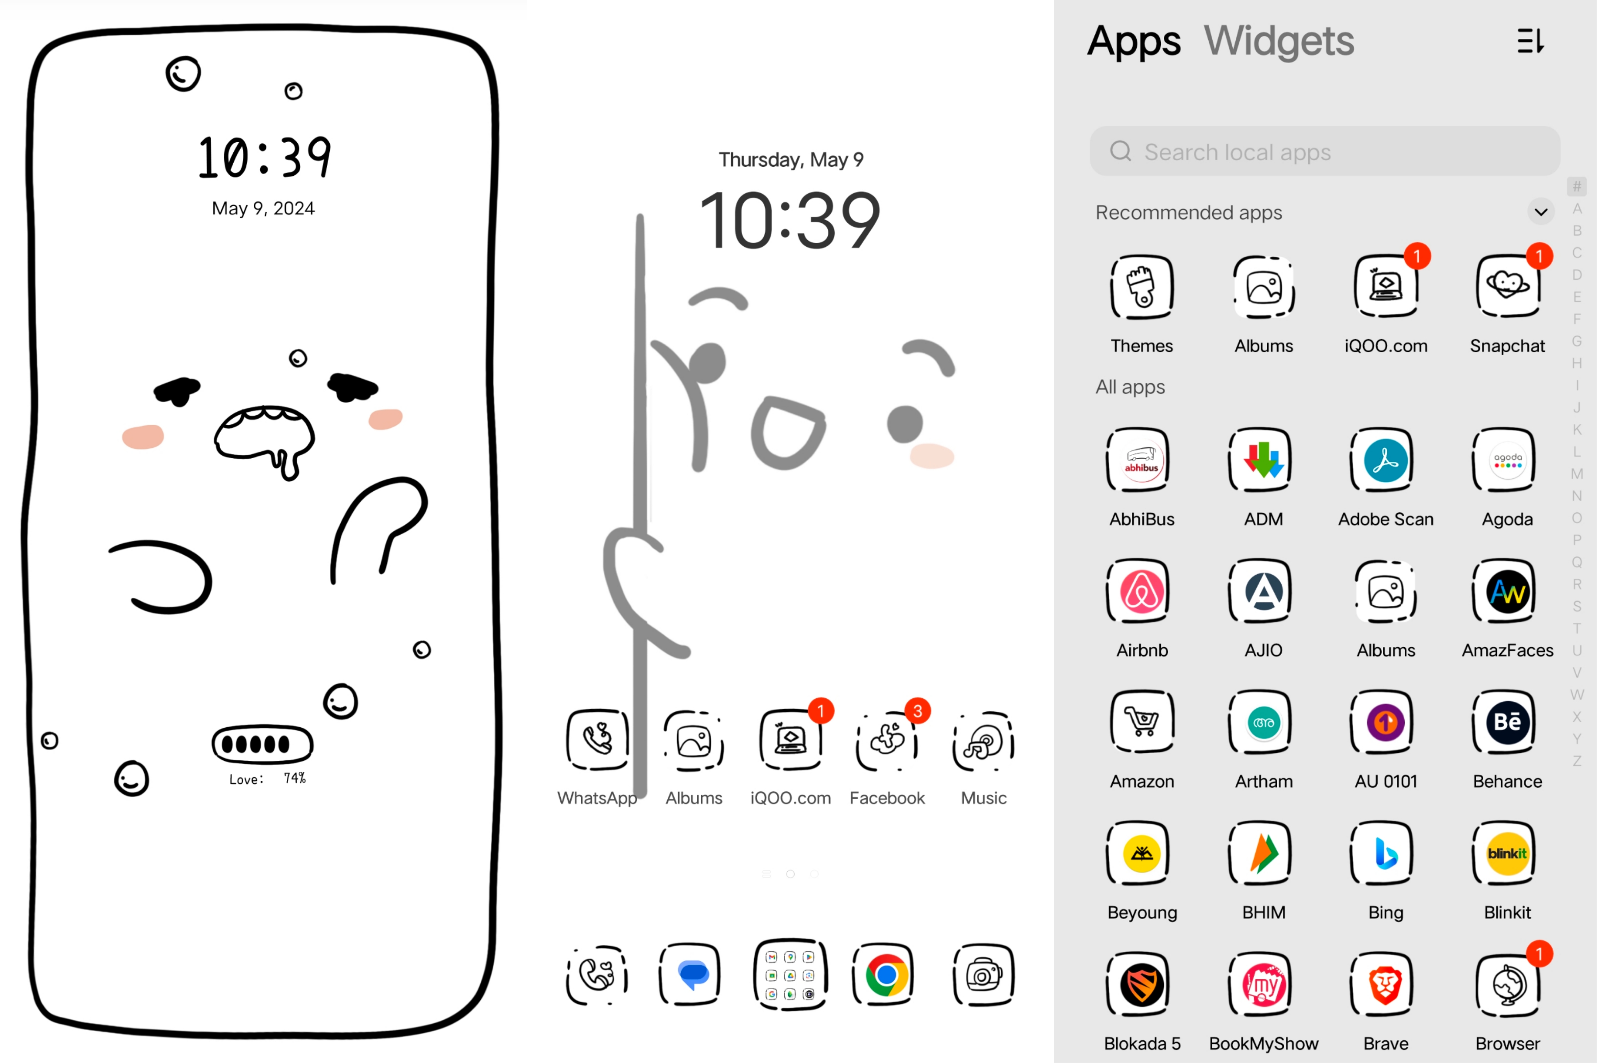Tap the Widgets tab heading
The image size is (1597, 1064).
point(1279,41)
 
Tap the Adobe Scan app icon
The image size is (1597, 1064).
point(1385,460)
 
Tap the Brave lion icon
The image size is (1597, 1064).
point(1385,985)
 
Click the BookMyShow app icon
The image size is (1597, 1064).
point(1263,985)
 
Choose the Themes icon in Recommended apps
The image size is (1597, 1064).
point(1142,286)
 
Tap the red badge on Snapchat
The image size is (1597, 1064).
point(1539,256)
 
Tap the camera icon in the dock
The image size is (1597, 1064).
point(983,975)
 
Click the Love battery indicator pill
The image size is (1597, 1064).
point(263,744)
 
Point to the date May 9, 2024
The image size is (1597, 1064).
point(263,208)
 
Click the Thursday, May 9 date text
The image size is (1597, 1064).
point(791,160)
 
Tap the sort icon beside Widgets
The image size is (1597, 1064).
point(1530,41)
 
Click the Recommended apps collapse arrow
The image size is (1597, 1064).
point(1541,212)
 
